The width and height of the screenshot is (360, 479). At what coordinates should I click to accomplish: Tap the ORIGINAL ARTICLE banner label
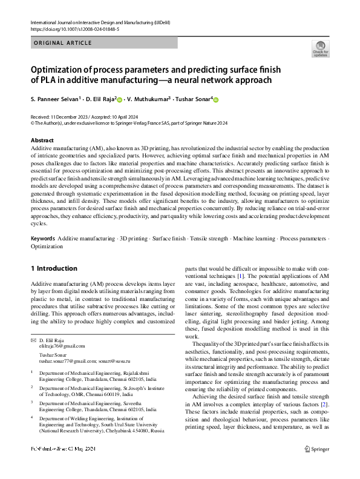pos(63,43)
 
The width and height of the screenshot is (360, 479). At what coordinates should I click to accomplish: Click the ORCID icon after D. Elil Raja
pos(120,99)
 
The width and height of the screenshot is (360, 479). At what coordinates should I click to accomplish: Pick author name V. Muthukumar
pos(151,99)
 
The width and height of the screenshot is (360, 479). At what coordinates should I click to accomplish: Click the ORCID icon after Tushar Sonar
pos(215,99)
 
